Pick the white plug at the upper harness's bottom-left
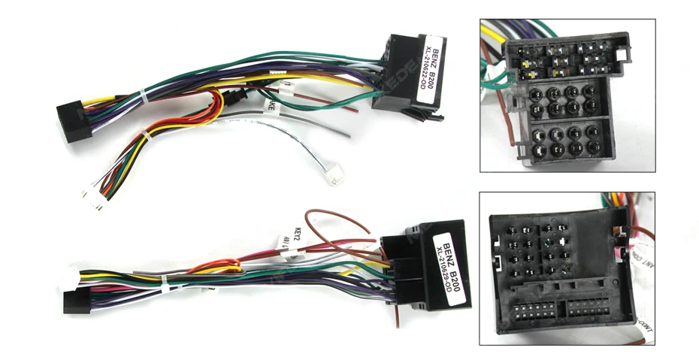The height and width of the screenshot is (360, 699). click(x=92, y=198)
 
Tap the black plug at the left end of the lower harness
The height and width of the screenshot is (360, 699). click(x=73, y=301)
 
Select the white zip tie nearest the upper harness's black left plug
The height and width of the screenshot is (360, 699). click(x=144, y=95)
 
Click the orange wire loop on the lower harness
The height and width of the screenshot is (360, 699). click(x=218, y=265)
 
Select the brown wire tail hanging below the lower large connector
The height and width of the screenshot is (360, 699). click(x=393, y=316)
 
